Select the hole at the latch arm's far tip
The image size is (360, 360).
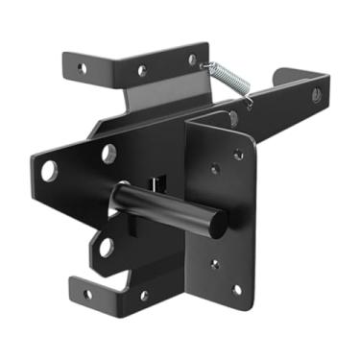316,94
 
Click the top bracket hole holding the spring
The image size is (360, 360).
192,60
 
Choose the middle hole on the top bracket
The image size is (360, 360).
142,71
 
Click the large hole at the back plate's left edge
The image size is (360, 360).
49,172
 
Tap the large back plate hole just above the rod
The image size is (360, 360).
109,152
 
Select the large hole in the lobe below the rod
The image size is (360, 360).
106,246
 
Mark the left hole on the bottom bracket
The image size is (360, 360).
87,294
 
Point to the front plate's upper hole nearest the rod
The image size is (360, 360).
213,171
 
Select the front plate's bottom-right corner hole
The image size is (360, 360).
236,288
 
